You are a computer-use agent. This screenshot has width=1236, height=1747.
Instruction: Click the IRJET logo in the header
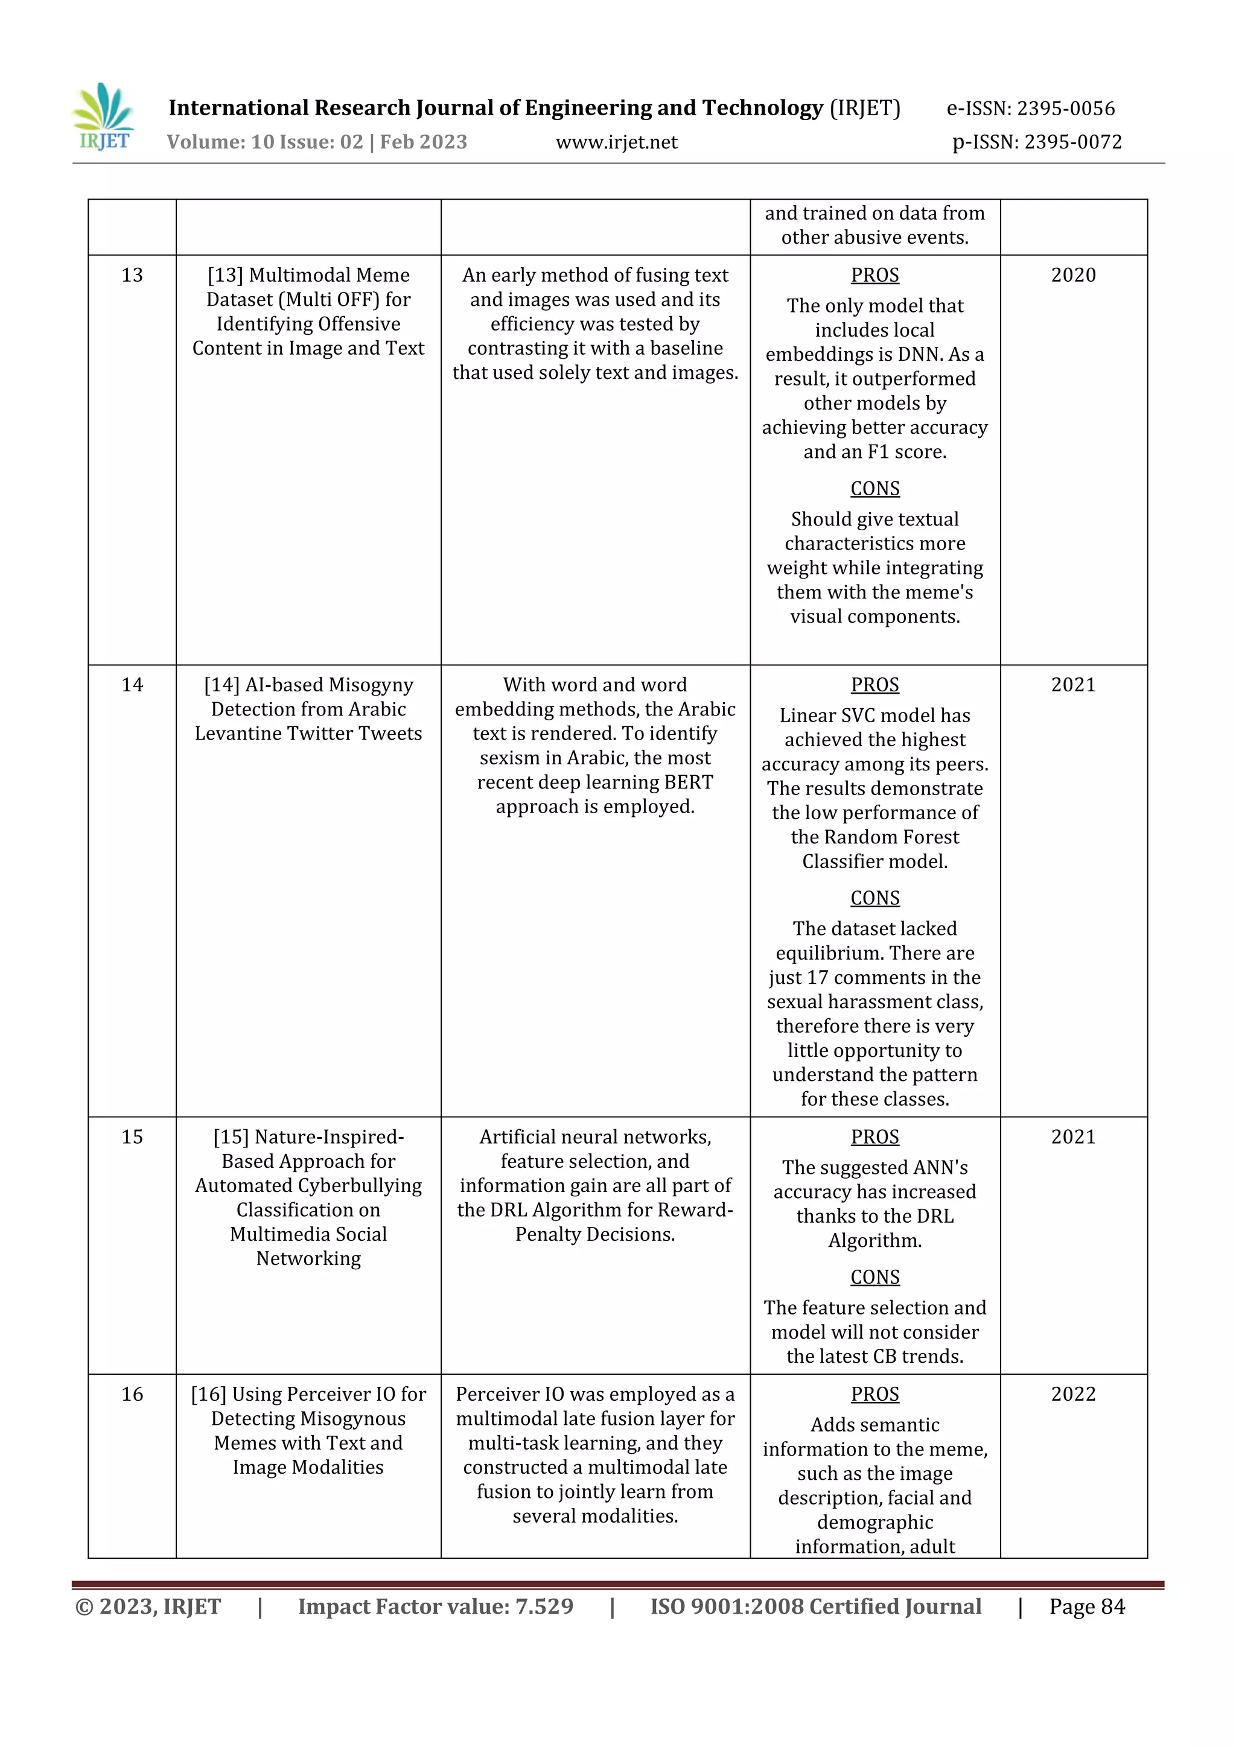(104, 118)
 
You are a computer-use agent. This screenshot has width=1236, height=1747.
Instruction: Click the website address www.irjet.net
(616, 142)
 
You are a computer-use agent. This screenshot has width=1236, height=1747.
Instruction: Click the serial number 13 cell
(132, 276)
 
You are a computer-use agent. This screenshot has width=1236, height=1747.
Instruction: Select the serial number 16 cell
(132, 1394)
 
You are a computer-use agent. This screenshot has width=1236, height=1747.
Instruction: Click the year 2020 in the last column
(1073, 276)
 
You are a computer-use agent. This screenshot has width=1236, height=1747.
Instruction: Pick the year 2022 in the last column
(1073, 1394)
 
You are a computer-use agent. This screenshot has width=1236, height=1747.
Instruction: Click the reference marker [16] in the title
(209, 1394)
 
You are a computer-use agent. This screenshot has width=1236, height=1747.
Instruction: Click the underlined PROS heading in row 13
(874, 276)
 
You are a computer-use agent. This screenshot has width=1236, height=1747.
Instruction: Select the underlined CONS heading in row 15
(874, 1277)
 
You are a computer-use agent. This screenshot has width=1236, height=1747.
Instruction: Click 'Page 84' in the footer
(1087, 1606)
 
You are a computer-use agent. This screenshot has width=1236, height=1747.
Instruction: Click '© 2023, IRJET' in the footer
(148, 1606)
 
